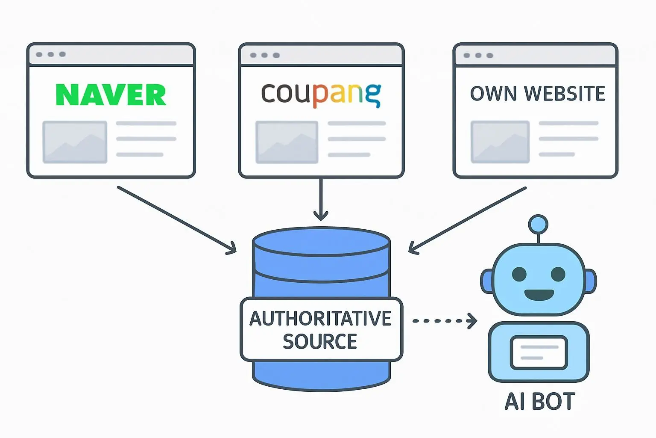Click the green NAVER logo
(x=111, y=95)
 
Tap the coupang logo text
(x=321, y=94)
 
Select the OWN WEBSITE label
(x=537, y=94)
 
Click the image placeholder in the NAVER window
(x=75, y=142)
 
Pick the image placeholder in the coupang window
(x=287, y=142)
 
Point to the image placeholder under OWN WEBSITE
(x=500, y=142)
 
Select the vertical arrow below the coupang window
(x=321, y=199)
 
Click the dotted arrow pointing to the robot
(x=444, y=320)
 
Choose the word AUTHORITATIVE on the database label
(x=320, y=319)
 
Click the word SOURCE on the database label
(x=320, y=341)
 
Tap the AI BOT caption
(x=539, y=401)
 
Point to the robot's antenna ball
(x=538, y=224)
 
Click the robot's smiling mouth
(x=539, y=295)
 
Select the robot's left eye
(x=519, y=274)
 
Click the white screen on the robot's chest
(x=539, y=352)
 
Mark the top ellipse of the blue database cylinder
(x=321, y=242)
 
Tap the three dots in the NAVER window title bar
(x=51, y=54)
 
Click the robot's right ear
(x=590, y=281)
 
